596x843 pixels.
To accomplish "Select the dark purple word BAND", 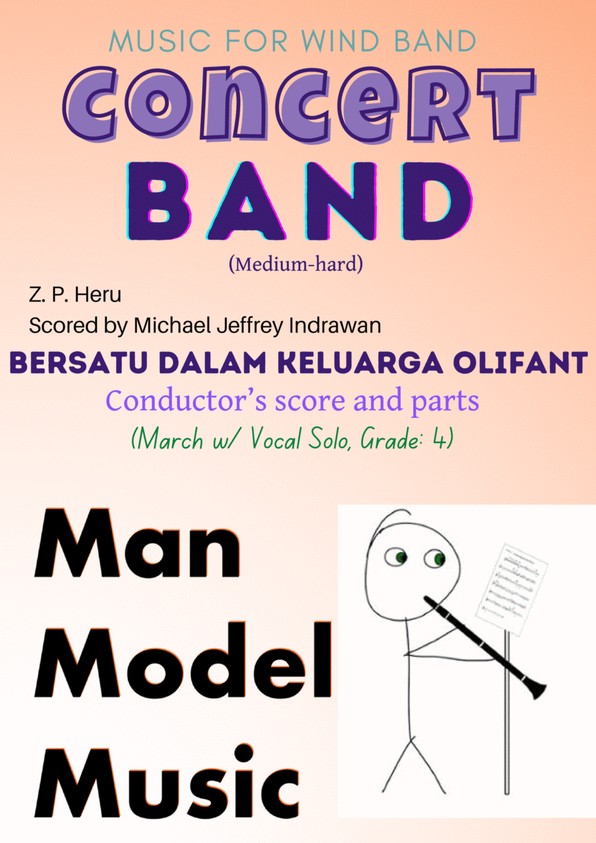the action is click(x=299, y=201).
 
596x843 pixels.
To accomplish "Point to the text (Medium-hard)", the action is click(x=296, y=264).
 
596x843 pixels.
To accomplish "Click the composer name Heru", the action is click(x=98, y=295).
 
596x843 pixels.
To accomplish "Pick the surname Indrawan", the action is click(x=335, y=325).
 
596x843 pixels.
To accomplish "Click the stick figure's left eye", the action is click(x=396, y=557).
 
